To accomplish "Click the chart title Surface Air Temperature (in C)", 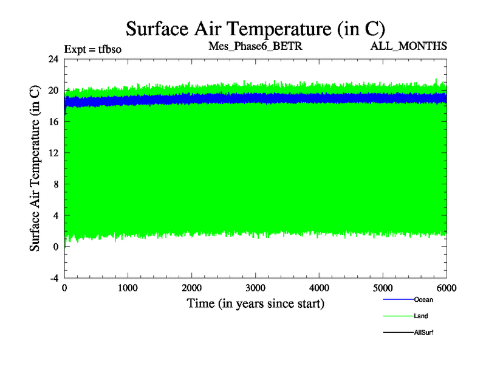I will click(255, 28).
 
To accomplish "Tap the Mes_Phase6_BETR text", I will click(255, 46).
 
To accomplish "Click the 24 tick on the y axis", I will click(53, 59).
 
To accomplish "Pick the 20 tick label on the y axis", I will click(53, 90).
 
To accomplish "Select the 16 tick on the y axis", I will click(53, 122).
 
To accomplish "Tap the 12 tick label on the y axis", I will click(53, 153).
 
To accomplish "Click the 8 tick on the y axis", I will click(56, 184).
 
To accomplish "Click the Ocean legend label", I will click(423, 299).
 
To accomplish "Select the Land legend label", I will click(421, 316).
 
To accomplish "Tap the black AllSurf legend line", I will click(397, 332).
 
